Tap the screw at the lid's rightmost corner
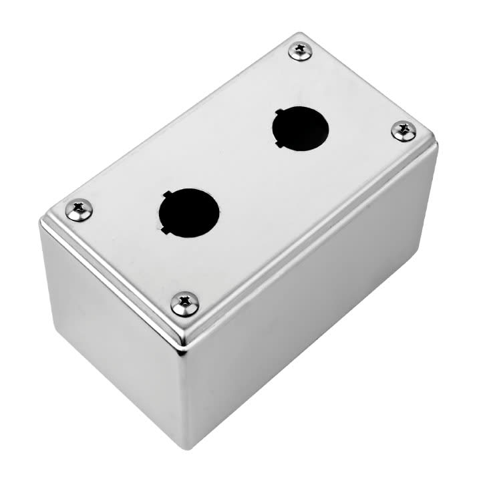(x=404, y=131)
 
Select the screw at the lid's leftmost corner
(x=79, y=211)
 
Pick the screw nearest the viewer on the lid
(x=184, y=304)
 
